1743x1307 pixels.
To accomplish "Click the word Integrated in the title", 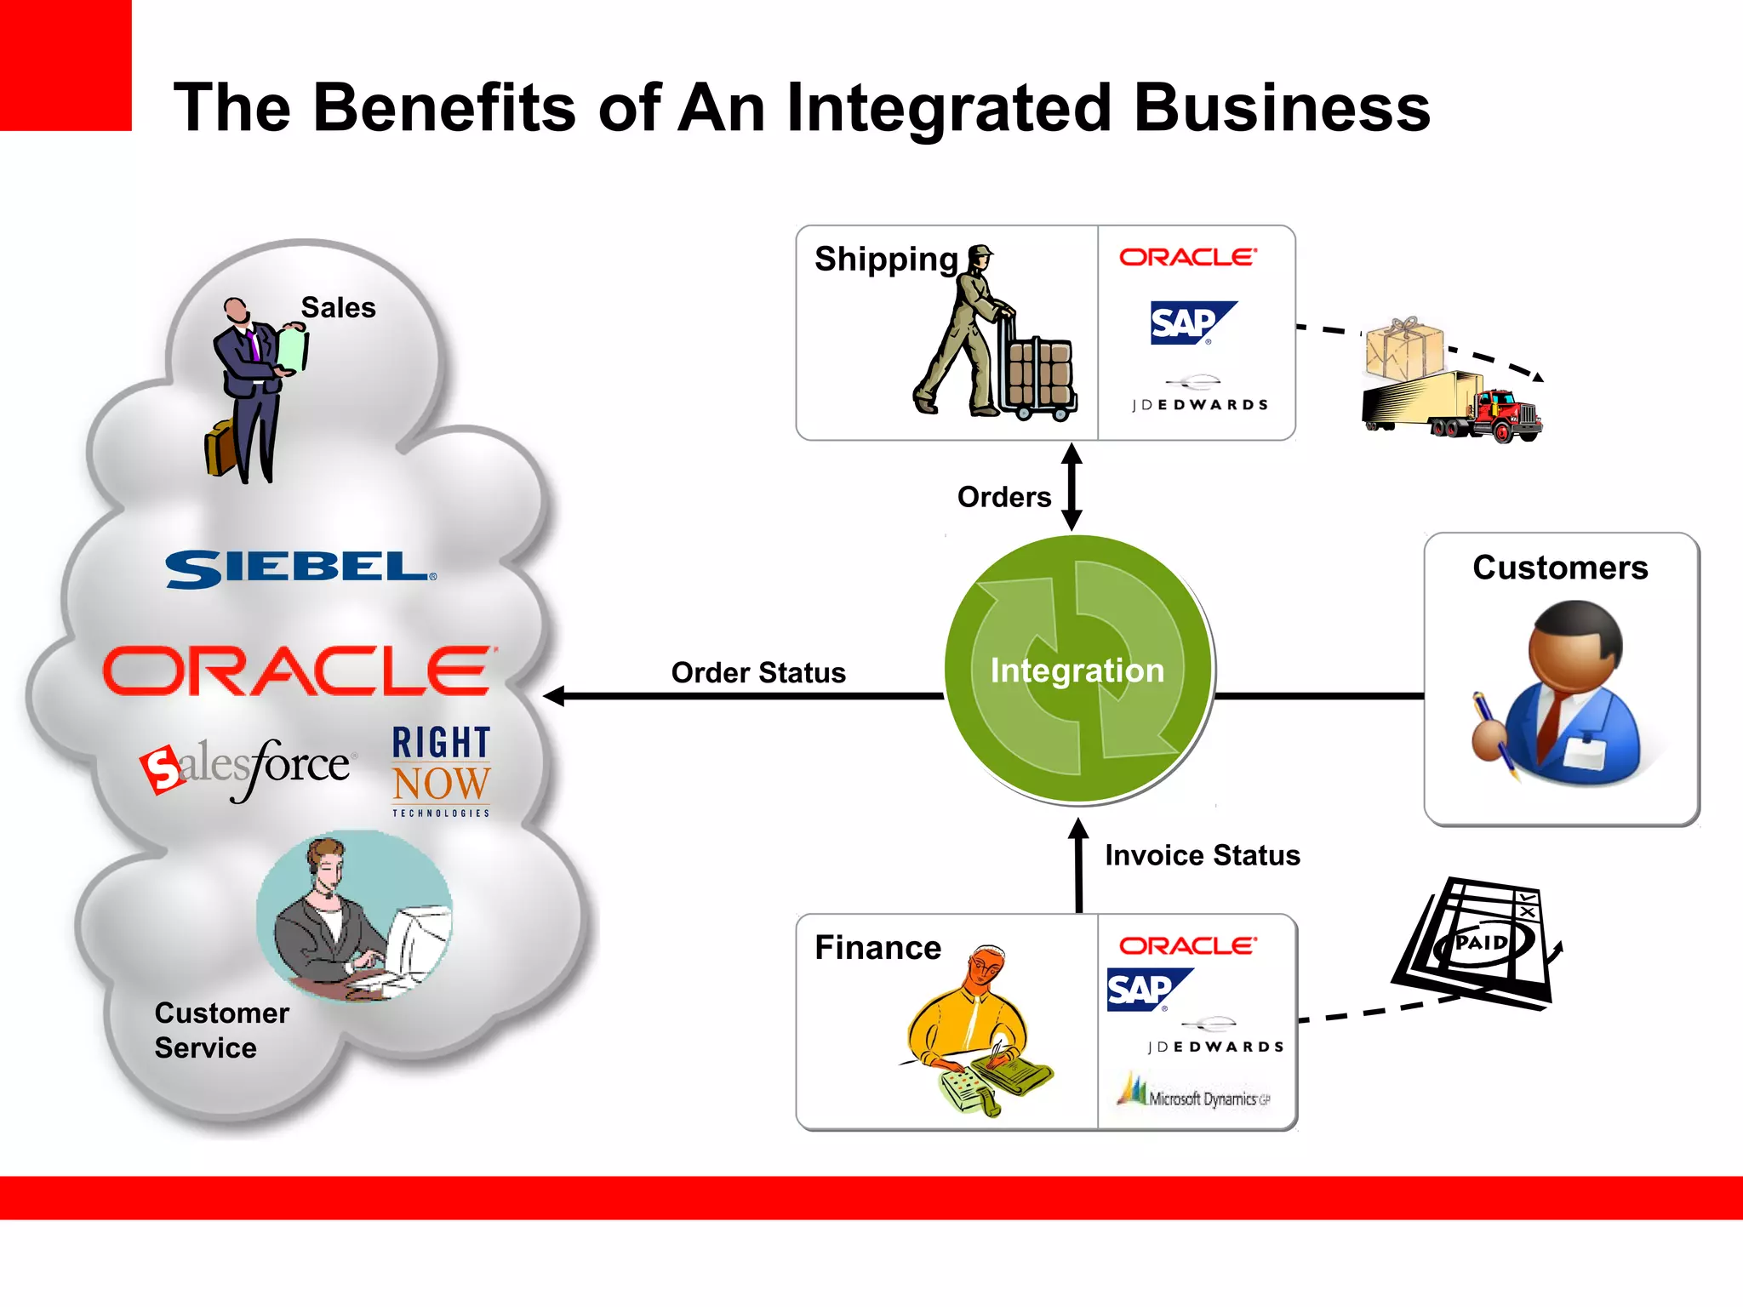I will pos(949,109).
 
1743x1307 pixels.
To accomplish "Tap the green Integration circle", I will pos(1078,671).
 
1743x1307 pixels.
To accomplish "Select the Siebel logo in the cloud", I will pos(300,569).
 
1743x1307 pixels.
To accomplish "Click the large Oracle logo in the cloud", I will pos(299,671).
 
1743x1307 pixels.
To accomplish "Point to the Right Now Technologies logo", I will pos(441,770).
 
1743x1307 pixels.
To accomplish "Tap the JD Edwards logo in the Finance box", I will pos(1214,1037).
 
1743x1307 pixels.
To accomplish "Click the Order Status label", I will pos(757,673).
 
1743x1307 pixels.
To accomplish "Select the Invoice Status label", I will pos(1202,855).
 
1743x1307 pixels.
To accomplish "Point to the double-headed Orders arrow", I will pos(1072,487).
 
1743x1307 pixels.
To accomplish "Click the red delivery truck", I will pos(1454,407).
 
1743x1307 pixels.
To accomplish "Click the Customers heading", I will pos(1560,568).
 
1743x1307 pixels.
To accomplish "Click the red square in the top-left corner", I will pos(66,65).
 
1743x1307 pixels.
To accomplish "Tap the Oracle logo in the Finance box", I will pos(1187,946).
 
